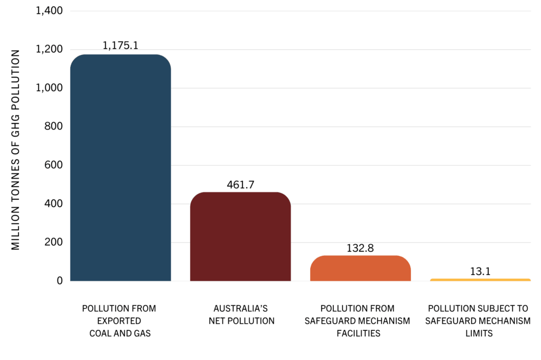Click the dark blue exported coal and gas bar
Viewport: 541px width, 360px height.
coord(120,168)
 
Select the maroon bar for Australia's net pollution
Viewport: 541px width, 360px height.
coord(240,236)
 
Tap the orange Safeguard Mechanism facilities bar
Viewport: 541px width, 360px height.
coord(360,268)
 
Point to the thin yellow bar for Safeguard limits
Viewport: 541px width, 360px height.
coord(480,280)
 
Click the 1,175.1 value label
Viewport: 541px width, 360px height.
coord(120,45)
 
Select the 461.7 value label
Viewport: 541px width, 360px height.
coord(240,184)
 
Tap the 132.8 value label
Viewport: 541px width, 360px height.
coord(360,248)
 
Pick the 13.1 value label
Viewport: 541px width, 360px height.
coord(480,271)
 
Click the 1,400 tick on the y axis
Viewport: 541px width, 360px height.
coord(49,11)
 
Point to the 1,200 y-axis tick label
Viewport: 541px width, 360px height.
coord(49,49)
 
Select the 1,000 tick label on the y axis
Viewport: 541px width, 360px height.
coord(49,88)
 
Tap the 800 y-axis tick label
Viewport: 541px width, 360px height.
coord(53,126)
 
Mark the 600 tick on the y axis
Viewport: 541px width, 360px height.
coord(53,165)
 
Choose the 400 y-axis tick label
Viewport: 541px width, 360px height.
coord(53,204)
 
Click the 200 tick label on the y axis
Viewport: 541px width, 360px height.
coord(53,242)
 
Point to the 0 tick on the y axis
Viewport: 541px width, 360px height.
coord(60,281)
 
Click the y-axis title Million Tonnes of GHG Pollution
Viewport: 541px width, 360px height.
coord(15,150)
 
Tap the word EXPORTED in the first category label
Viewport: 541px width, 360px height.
coord(119,321)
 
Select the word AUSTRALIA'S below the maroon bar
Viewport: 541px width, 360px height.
coord(240,308)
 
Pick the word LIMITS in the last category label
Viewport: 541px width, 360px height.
coord(479,334)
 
